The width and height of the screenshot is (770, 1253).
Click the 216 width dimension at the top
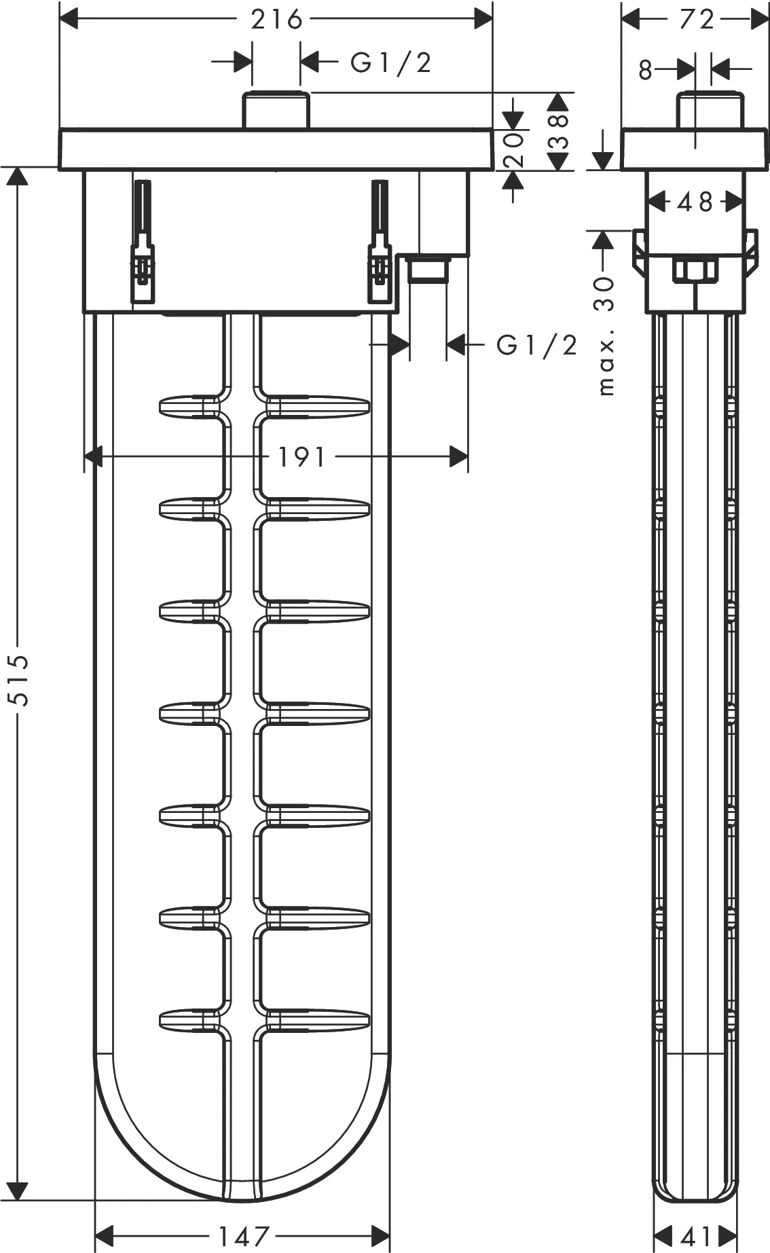point(276,19)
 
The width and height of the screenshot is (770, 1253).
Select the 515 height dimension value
point(22,680)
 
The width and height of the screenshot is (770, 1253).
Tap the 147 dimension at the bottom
point(244,1235)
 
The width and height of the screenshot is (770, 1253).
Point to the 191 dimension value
point(302,457)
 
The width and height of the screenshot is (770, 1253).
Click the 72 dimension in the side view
point(697,19)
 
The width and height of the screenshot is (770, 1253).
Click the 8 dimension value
point(645,69)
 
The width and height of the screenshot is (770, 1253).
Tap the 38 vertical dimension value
point(558,130)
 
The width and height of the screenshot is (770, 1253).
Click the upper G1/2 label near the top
point(391,62)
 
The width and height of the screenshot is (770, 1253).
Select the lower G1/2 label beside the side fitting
point(536,345)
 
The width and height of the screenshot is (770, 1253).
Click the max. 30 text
point(604,335)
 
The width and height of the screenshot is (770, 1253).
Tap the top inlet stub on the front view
point(276,110)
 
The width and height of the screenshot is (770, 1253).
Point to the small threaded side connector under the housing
point(428,270)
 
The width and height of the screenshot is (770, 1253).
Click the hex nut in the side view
point(695,270)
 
